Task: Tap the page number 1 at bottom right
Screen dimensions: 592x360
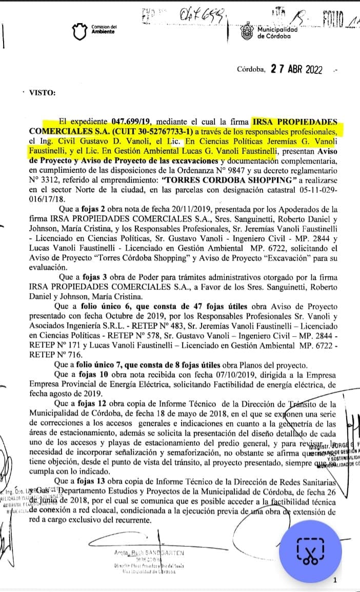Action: [x=334, y=580]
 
